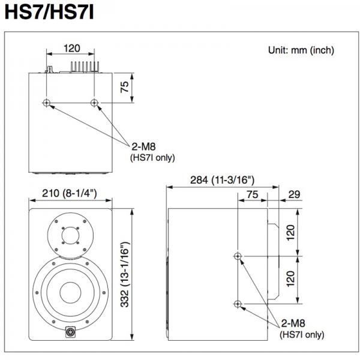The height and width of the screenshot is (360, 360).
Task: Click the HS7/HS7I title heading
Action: pos(49,12)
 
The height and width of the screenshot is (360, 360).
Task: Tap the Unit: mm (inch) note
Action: pos(301,50)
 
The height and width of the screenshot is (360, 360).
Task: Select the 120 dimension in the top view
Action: pos(72,49)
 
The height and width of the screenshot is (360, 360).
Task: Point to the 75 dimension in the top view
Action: pos(124,87)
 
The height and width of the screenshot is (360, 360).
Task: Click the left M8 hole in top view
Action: pos(47,103)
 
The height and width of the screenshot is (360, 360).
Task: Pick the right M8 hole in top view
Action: pos(94,103)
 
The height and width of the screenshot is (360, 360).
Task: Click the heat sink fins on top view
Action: pos(85,67)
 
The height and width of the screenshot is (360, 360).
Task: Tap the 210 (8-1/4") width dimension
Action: pos(70,193)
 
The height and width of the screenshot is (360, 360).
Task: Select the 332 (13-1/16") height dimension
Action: pos(125,274)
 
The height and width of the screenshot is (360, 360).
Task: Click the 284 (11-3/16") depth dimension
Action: pos(222,180)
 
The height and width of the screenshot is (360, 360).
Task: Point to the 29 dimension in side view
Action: pos(294,194)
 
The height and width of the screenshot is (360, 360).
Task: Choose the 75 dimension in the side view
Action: pos(253,194)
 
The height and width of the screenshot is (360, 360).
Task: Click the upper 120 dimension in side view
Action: pos(290,233)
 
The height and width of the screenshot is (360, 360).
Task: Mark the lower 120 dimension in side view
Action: pos(290,278)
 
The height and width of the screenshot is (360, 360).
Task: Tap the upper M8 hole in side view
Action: pos(238,256)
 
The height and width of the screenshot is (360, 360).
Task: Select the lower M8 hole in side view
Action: pos(238,304)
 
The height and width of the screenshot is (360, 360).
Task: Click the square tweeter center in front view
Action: pos(70,235)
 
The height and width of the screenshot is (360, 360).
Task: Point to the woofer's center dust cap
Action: pos(70,293)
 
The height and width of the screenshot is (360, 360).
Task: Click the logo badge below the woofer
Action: pos(70,332)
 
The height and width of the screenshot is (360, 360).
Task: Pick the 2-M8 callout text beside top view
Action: pos(143,146)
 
